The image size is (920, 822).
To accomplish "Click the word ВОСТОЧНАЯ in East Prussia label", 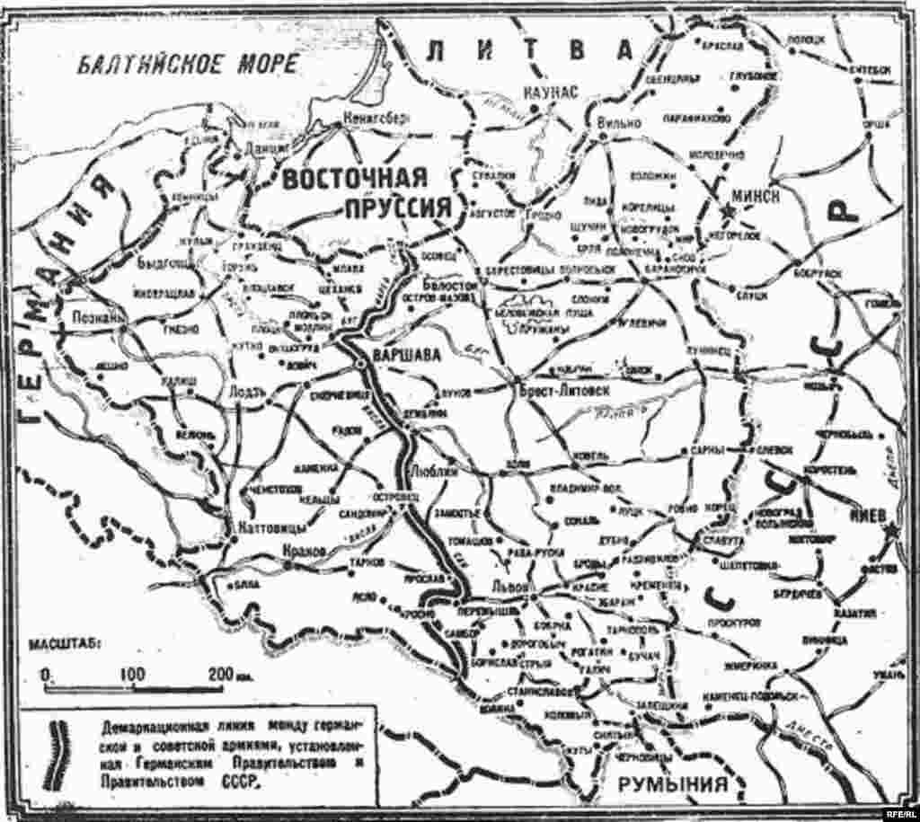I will pos(352,179).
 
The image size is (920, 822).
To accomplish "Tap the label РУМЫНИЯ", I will pos(671,786).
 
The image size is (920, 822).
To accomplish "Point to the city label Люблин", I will pos(432,470).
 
